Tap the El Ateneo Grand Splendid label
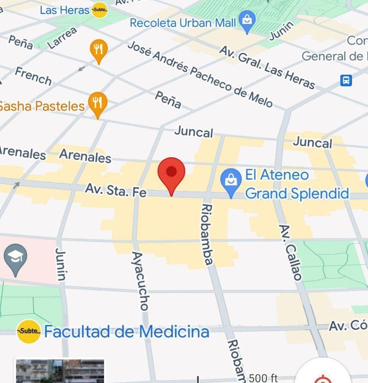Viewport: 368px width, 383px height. (297, 184)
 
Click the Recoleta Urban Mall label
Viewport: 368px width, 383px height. (183, 23)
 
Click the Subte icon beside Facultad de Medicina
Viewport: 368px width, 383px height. (29, 331)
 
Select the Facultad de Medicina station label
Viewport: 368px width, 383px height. (126, 332)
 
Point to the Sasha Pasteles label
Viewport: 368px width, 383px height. (42, 106)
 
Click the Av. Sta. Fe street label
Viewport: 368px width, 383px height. (115, 190)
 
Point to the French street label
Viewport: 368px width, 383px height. (33, 76)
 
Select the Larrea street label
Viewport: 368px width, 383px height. (62, 38)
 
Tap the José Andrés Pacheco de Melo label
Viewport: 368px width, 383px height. (200, 74)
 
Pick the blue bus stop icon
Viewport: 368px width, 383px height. (346, 80)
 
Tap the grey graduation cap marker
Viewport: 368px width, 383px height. (15, 258)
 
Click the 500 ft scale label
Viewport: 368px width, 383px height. (263, 378)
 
